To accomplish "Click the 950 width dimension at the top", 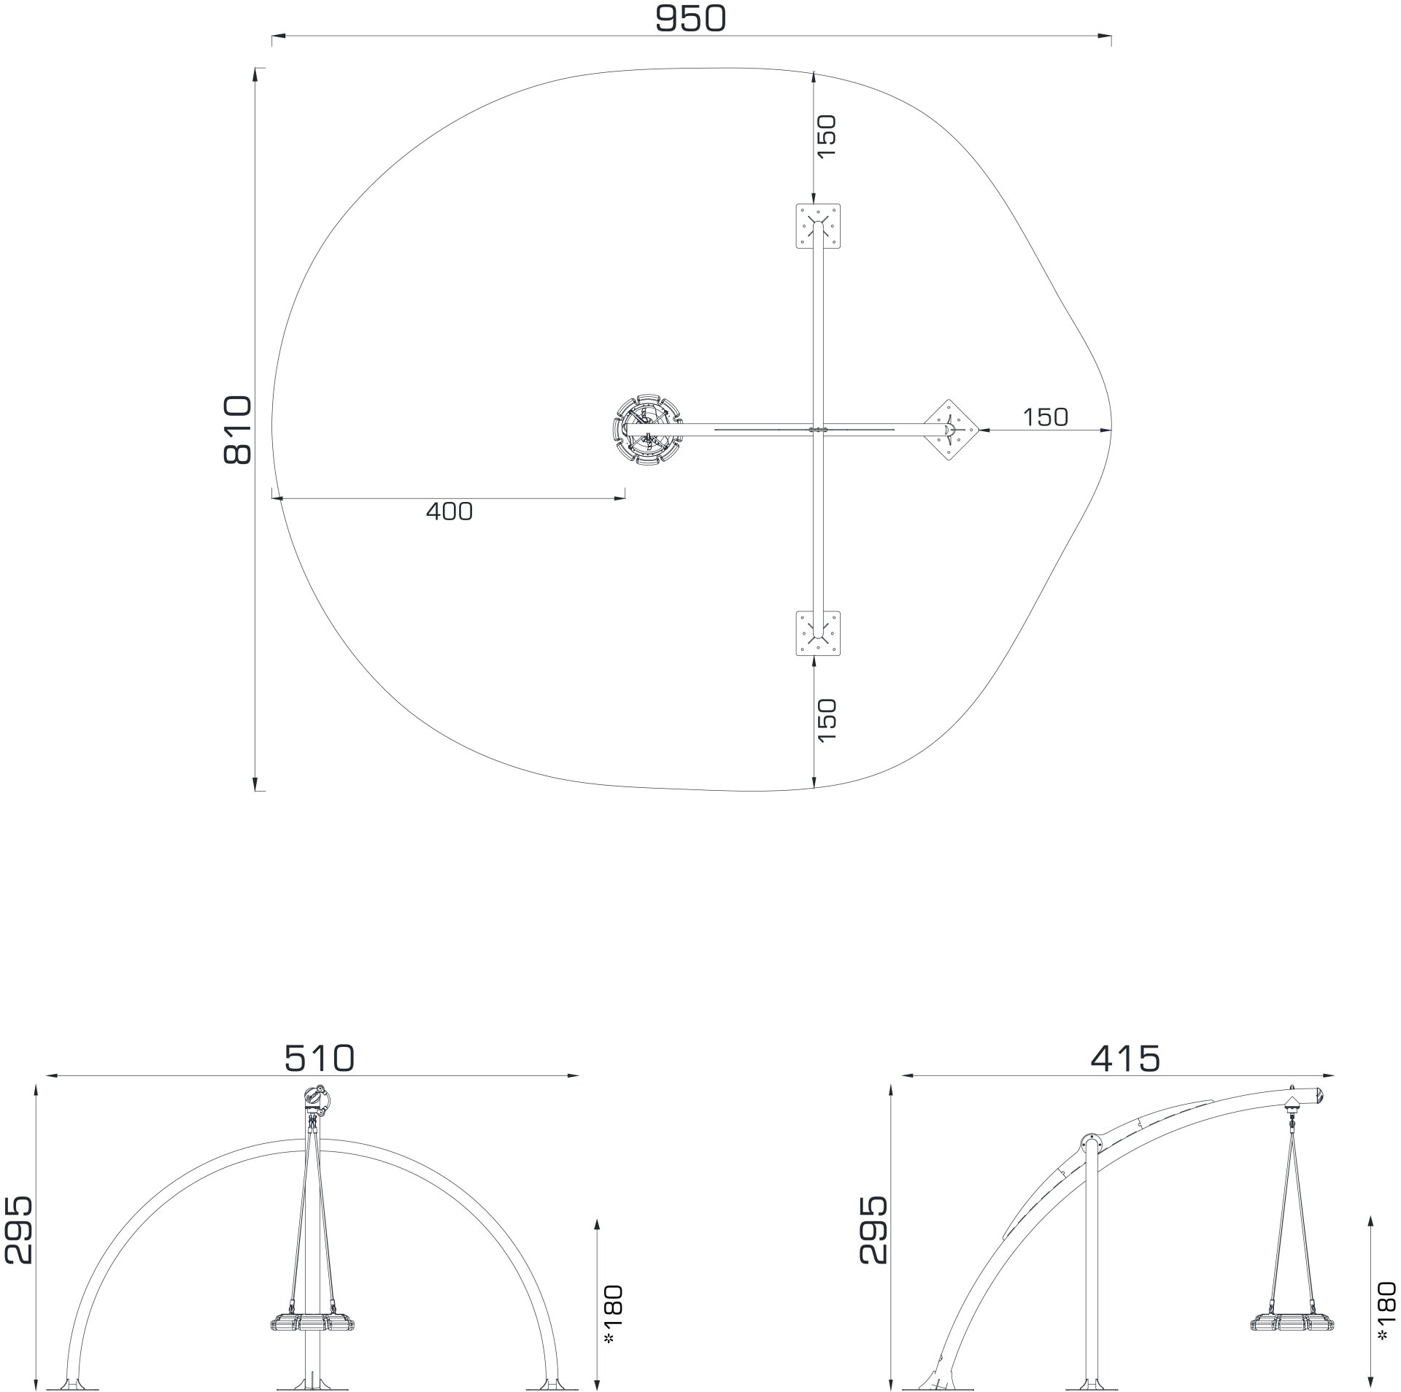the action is [x=690, y=19].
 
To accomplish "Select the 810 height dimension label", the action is [x=237, y=430].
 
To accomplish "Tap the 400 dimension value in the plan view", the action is [x=449, y=511].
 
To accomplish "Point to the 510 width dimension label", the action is [x=319, y=1057].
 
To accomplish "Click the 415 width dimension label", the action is [x=1125, y=1058].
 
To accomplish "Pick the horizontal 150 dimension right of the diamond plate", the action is [x=1045, y=417].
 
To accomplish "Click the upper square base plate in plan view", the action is [x=817, y=226].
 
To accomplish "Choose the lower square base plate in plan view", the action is [x=817, y=633].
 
